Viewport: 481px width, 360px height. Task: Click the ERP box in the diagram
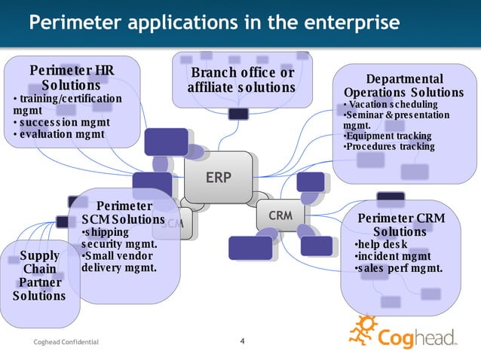pyautogui.click(x=219, y=178)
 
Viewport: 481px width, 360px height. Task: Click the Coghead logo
pyautogui.click(x=406, y=332)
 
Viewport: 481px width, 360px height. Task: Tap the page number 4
pyautogui.click(x=242, y=343)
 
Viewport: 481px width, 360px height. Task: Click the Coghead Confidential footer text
pyautogui.click(x=66, y=343)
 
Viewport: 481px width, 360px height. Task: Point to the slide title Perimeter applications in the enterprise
pyautogui.click(x=214, y=23)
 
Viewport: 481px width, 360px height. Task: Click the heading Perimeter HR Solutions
pyautogui.click(x=72, y=78)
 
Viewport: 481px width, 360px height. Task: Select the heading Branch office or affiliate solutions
pyautogui.click(x=241, y=80)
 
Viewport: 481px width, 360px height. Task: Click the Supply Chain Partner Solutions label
pyautogui.click(x=38, y=275)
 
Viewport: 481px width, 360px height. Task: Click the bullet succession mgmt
pyautogui.click(x=65, y=122)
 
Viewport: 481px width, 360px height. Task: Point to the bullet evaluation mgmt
pyautogui.click(x=63, y=134)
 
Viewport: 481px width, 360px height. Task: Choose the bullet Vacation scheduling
pyautogui.click(x=391, y=104)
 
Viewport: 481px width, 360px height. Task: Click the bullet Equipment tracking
pyautogui.click(x=388, y=136)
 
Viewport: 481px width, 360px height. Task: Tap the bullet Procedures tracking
pyautogui.click(x=389, y=145)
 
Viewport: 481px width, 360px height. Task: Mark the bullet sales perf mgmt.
pyautogui.click(x=398, y=267)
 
